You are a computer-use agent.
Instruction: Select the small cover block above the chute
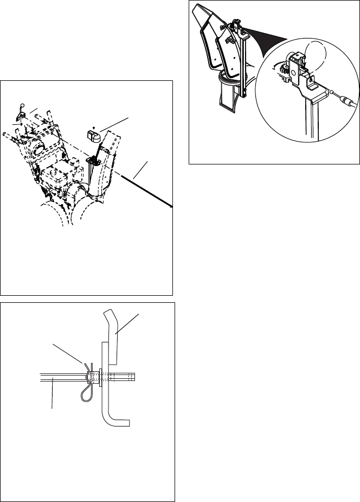click(94, 133)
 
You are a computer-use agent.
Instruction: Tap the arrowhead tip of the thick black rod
click(171, 206)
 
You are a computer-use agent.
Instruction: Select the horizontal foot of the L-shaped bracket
click(120, 421)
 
